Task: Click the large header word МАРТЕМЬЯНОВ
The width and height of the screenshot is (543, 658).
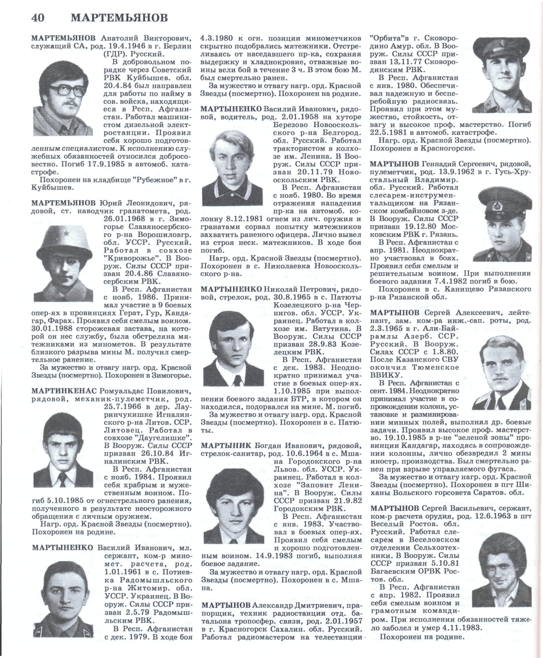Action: (x=119, y=18)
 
